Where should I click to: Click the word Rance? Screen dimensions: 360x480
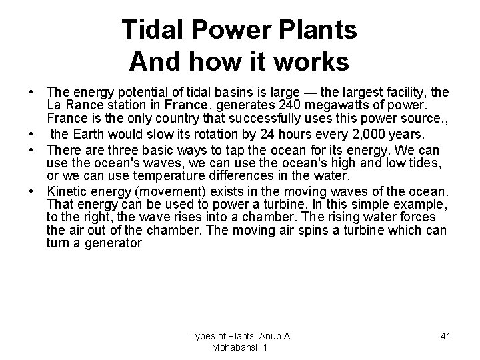pos(86,104)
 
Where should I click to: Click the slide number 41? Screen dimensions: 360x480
pos(445,335)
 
